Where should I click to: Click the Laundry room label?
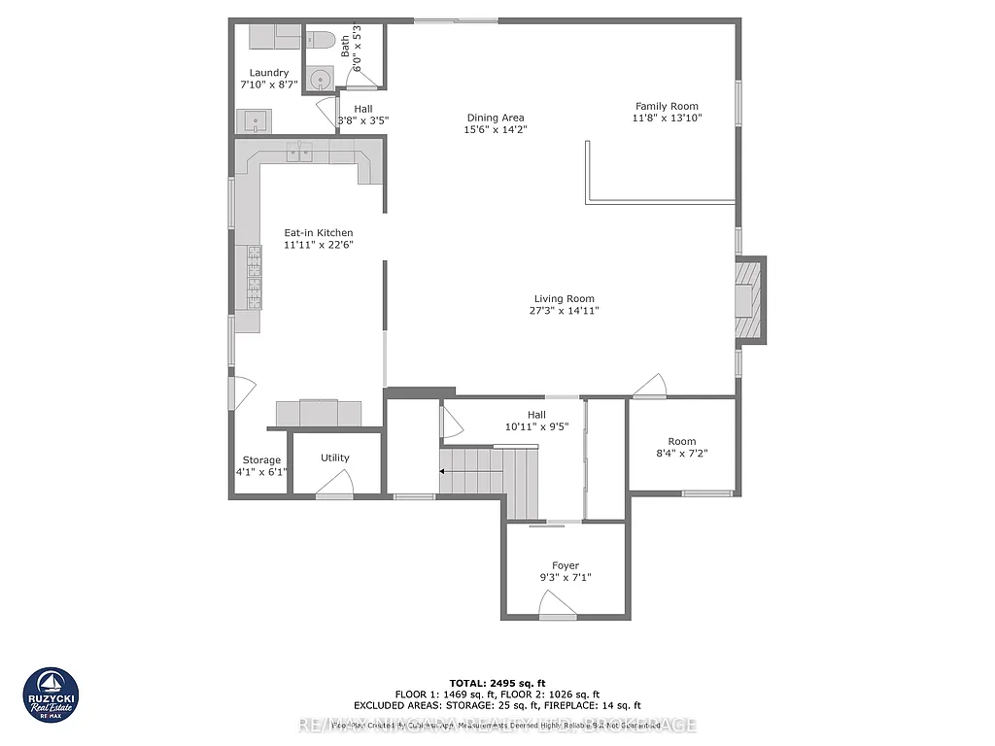pos(269,73)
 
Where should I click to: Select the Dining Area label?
pos(496,118)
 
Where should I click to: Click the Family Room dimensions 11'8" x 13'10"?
pos(667,118)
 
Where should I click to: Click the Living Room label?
pos(564,299)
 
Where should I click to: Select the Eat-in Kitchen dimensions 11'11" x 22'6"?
pos(318,246)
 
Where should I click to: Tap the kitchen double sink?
pos(299,151)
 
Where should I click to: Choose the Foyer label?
pos(566,565)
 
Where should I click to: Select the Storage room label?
pos(261,460)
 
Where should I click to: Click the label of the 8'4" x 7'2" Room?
pos(682,442)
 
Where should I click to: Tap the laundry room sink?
pos(256,122)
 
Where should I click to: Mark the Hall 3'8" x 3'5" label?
pos(362,109)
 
